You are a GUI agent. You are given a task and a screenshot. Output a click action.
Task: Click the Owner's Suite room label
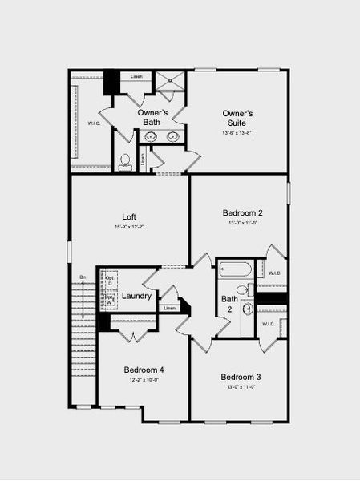(x=237, y=119)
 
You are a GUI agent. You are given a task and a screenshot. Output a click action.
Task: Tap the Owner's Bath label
(x=152, y=118)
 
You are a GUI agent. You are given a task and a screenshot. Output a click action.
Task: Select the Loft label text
(x=129, y=216)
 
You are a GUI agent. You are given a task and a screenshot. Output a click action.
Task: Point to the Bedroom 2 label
(x=243, y=212)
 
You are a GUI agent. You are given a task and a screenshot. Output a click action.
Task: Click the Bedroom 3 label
(x=241, y=377)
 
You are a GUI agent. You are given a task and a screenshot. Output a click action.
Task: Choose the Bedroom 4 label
(x=144, y=370)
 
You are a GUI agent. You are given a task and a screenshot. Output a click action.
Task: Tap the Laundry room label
(x=136, y=297)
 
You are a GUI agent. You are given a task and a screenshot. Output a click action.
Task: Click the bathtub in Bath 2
(x=235, y=270)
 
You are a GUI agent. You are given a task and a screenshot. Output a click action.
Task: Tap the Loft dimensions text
(x=128, y=228)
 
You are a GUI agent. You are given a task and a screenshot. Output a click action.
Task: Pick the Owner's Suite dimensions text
(x=237, y=133)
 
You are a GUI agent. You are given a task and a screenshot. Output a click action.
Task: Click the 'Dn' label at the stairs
(x=83, y=278)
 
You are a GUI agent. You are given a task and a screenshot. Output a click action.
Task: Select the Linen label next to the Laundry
(x=169, y=309)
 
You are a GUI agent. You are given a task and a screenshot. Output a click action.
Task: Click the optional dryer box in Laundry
(x=110, y=281)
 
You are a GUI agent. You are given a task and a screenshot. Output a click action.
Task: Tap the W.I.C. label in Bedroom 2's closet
(x=275, y=273)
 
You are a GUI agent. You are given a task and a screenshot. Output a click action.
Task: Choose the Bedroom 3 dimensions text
(x=241, y=387)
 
